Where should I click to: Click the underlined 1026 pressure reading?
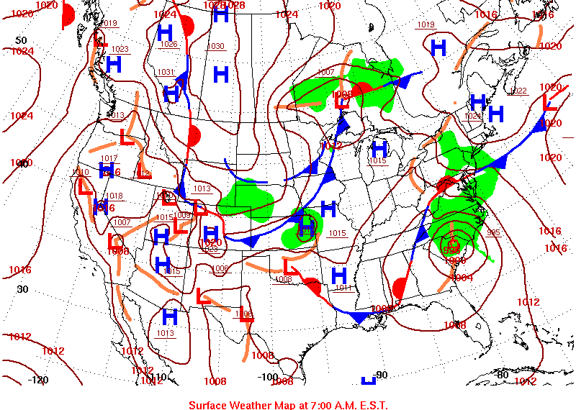(x=169, y=45)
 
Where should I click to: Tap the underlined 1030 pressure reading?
(x=215, y=47)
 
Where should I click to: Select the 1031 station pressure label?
(x=166, y=72)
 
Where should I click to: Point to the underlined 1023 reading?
(x=120, y=49)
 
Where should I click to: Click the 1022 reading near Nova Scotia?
(x=518, y=91)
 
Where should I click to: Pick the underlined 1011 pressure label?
(x=343, y=288)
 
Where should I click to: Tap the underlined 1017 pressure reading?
(x=109, y=158)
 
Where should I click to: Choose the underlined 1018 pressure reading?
(x=114, y=196)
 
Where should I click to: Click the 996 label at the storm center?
(x=451, y=249)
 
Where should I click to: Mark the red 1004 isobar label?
(x=461, y=278)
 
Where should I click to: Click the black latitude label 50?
(x=22, y=40)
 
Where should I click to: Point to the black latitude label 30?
(x=22, y=289)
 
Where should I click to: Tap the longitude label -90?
(x=381, y=375)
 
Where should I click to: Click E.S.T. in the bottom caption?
(x=373, y=404)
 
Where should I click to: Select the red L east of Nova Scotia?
(x=549, y=103)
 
